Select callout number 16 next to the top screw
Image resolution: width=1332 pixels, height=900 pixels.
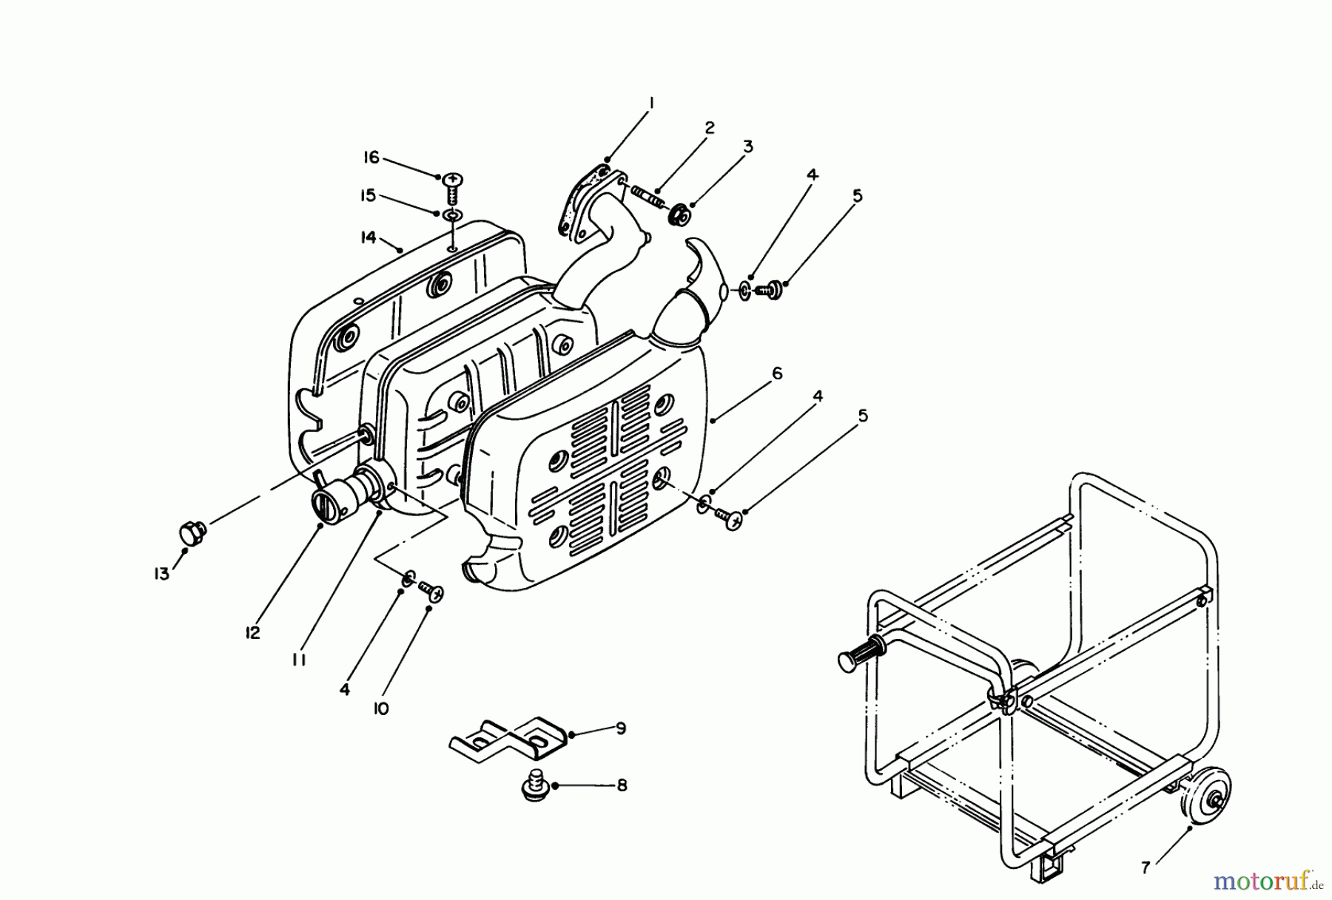click(x=371, y=158)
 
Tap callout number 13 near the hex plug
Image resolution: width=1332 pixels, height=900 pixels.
click(x=162, y=573)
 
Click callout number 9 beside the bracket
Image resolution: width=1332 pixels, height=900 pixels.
click(x=620, y=728)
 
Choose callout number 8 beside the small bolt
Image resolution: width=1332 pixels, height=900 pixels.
click(x=621, y=785)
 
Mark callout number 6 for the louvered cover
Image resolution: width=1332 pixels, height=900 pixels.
click(x=776, y=374)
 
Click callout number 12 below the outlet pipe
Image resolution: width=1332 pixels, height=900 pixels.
click(x=253, y=633)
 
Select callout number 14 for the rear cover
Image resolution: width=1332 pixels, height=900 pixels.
click(x=369, y=237)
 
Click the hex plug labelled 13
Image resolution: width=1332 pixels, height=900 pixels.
click(x=193, y=532)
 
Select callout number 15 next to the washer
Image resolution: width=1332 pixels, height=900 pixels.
click(x=368, y=195)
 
